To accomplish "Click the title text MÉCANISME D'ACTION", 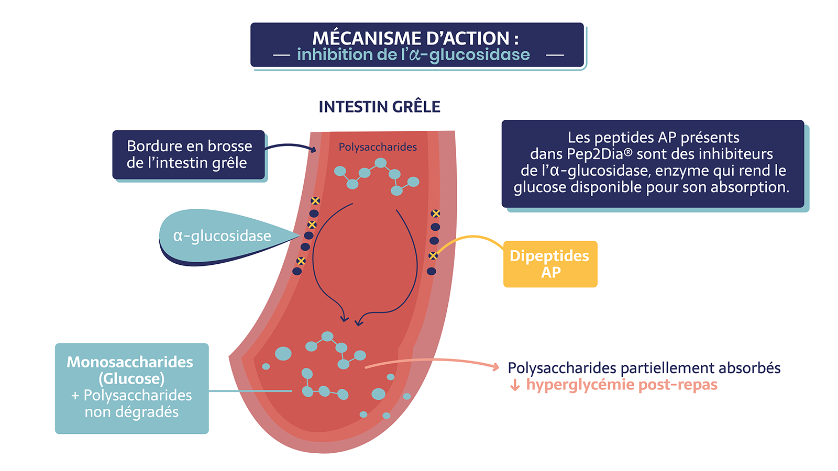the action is [415, 38].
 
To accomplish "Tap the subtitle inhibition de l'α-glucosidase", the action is [413, 54].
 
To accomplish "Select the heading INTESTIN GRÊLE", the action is [379, 107].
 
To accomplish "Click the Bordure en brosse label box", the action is [189, 154].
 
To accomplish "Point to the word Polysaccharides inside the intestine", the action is [378, 147].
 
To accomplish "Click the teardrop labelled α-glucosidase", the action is [225, 236].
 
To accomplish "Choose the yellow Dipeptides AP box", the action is [550, 264].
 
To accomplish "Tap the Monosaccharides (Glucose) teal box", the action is [131, 388].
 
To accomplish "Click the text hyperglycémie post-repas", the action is [622, 385].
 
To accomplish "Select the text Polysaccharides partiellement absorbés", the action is [644, 368].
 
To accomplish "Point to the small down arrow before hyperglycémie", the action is [515, 385].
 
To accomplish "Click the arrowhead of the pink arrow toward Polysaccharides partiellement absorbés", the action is [496, 367].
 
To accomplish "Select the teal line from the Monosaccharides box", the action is [250, 391].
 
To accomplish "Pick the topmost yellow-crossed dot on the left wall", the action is [315, 201].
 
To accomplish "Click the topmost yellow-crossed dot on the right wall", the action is [435, 214].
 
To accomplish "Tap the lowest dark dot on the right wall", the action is [432, 271].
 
